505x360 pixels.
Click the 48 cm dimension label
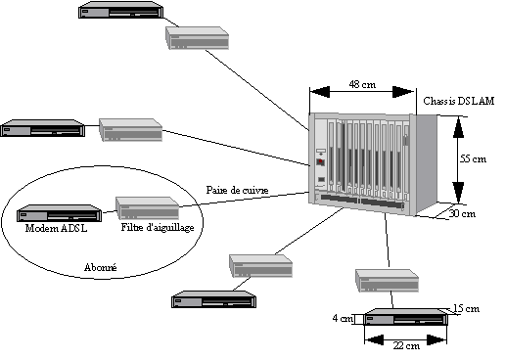click(x=362, y=85)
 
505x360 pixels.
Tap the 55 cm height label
click(x=473, y=159)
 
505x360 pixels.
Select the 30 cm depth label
click(x=462, y=213)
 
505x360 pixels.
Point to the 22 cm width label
click(x=406, y=345)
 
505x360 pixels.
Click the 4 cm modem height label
click(x=343, y=318)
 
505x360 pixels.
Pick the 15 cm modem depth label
click(x=466, y=308)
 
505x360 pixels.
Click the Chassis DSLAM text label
click(x=459, y=101)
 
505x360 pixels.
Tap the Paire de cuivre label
click(x=237, y=190)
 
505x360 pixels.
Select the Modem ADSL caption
click(x=57, y=228)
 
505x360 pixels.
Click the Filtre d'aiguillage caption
click(x=158, y=227)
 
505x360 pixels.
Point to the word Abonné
click(x=101, y=268)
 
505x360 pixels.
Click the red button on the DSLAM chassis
click(x=320, y=161)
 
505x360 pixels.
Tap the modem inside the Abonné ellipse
click(x=59, y=213)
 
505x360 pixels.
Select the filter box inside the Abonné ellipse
click(x=148, y=208)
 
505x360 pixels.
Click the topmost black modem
click(x=120, y=10)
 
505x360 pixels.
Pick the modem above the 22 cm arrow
click(x=406, y=317)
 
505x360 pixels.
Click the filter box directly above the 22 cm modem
click(x=387, y=281)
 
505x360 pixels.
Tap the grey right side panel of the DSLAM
click(x=427, y=163)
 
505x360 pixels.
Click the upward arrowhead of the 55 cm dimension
click(x=458, y=126)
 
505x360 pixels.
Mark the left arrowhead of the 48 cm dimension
click(x=320, y=92)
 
